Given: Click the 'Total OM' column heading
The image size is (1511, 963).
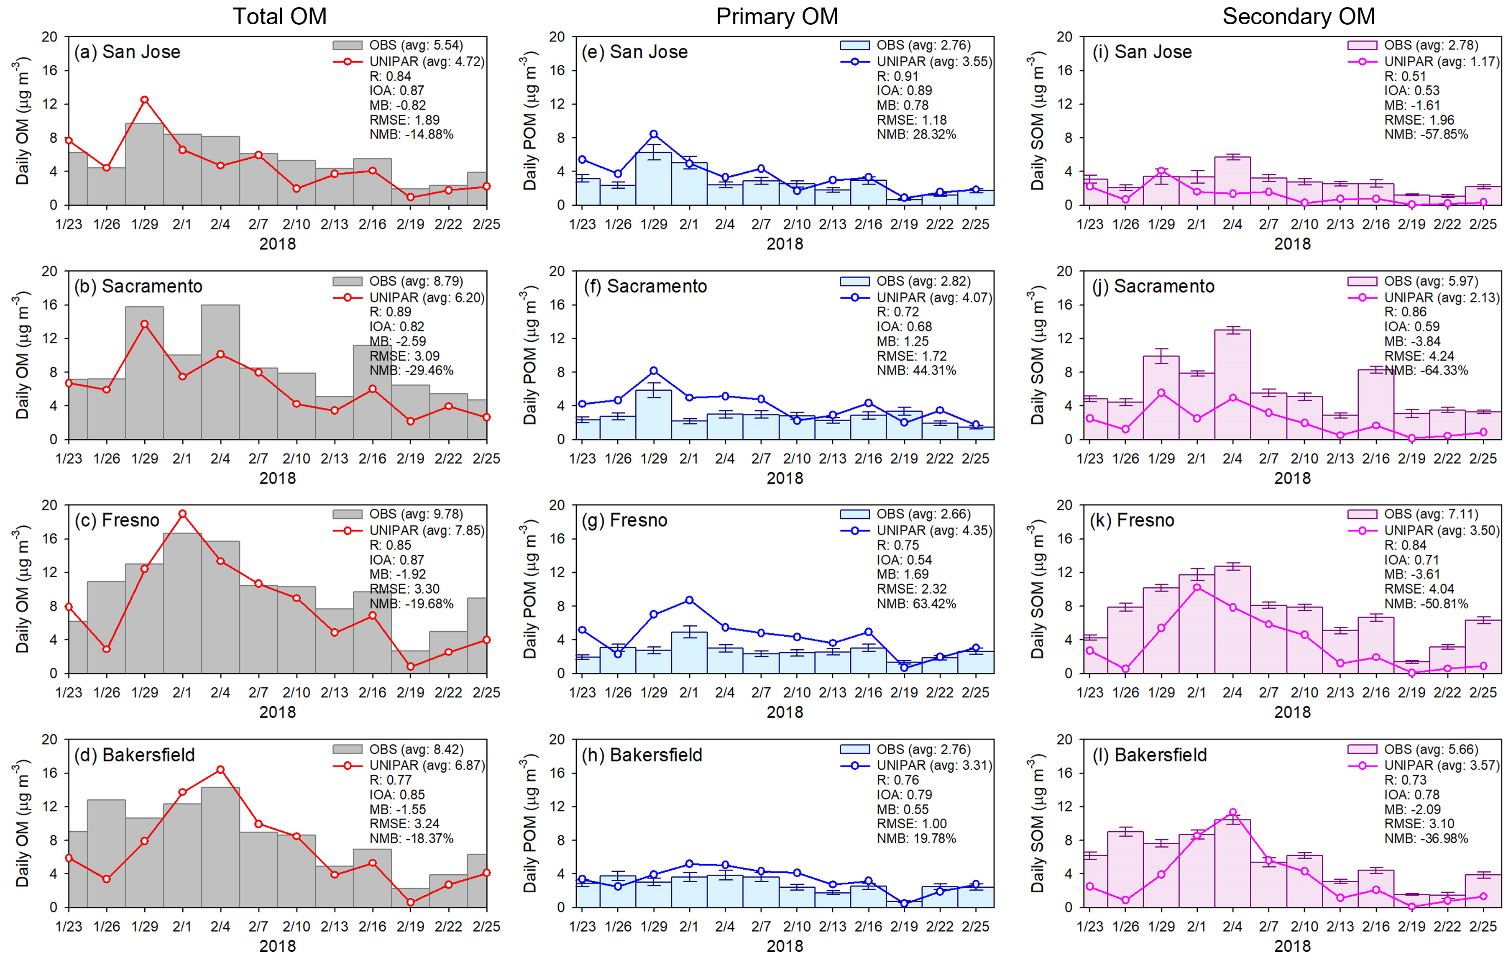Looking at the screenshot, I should pyautogui.click(x=279, y=16).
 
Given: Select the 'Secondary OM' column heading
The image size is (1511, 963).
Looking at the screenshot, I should pyautogui.click(x=1298, y=16).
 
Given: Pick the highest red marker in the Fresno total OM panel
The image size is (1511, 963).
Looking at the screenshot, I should pyautogui.click(x=183, y=514).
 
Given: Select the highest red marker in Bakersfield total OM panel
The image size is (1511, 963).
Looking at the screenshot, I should pyautogui.click(x=220, y=770).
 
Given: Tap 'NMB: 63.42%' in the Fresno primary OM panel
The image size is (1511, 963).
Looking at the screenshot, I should pyautogui.click(x=916, y=604).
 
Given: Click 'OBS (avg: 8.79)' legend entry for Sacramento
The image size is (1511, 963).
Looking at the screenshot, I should pyautogui.click(x=415, y=281).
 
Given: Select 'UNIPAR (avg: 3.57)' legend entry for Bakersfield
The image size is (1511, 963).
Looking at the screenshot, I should pyautogui.click(x=1441, y=765).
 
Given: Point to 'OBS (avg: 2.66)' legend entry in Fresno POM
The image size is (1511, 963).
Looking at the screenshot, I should pyautogui.click(x=923, y=514).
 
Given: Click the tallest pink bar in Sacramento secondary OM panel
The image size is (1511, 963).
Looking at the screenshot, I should pyautogui.click(x=1232, y=384).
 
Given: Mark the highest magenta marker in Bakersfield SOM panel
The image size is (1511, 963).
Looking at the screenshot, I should pyautogui.click(x=1233, y=812).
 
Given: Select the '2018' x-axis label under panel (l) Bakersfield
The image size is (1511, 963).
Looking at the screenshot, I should pyautogui.click(x=1292, y=946).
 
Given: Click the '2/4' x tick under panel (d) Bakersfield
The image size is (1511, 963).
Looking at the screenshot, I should pyautogui.click(x=220, y=927).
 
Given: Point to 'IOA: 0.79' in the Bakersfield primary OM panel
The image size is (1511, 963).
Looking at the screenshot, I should pyautogui.click(x=904, y=795).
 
